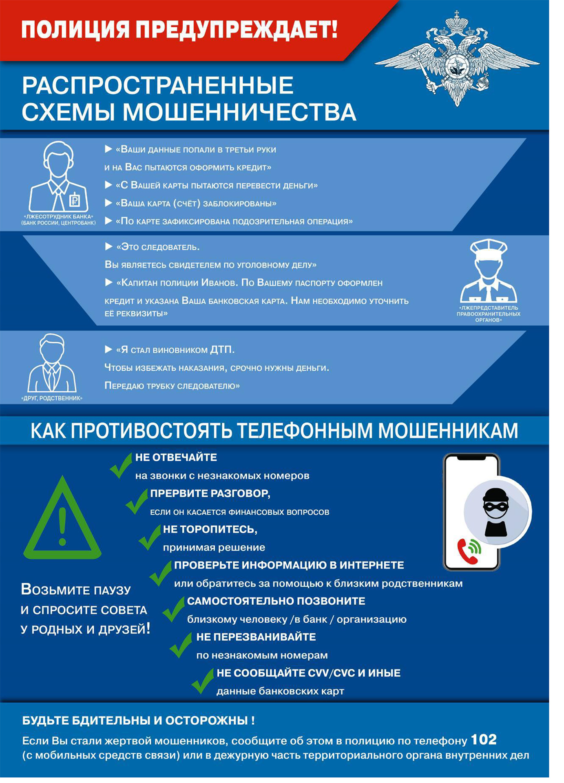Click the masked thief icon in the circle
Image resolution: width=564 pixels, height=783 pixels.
point(495,512)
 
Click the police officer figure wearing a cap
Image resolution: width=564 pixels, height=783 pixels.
point(488,271)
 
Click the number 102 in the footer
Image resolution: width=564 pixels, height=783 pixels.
point(484,739)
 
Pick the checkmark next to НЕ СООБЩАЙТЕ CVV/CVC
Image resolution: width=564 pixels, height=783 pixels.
point(202,681)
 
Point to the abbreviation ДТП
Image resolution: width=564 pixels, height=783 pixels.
point(222,349)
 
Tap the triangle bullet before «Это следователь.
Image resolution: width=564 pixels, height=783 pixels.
point(108,246)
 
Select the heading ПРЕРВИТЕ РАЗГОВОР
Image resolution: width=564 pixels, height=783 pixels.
point(210,493)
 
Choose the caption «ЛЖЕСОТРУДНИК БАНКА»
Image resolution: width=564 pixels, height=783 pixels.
point(58,217)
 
